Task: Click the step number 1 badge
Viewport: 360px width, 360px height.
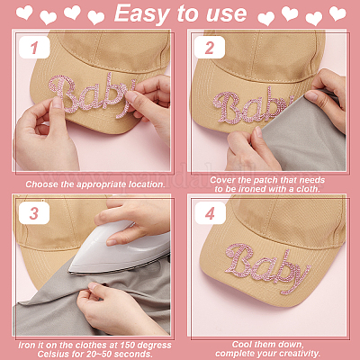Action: pos(34,48)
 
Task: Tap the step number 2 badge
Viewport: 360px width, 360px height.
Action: pos(210,48)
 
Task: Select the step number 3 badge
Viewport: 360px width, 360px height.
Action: pos(34,213)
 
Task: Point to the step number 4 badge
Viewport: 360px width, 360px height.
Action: pos(210,213)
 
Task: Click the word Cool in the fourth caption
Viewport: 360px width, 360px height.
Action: pos(242,345)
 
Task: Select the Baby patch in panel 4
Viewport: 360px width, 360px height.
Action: pos(267,267)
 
